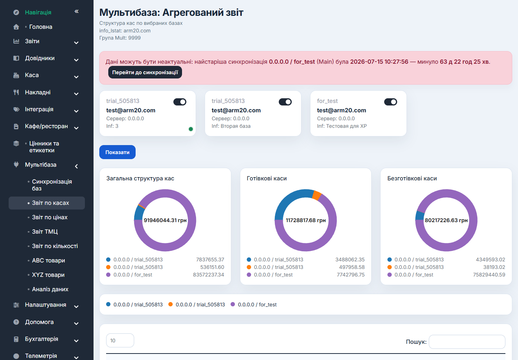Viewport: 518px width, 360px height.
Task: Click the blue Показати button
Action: [117, 152]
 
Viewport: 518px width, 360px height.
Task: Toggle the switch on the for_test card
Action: [390, 102]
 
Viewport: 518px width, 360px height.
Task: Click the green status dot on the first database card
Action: [191, 129]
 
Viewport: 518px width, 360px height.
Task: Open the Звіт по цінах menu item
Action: [50, 217]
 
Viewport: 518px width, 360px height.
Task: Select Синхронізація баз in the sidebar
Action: [52, 185]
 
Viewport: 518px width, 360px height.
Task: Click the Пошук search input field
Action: [467, 342]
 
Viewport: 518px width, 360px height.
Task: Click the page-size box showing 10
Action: [120, 340]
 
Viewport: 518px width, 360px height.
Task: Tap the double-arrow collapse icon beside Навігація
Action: [77, 11]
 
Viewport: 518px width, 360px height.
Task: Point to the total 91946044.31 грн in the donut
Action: [165, 220]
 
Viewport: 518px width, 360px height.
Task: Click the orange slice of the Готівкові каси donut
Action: [317, 195]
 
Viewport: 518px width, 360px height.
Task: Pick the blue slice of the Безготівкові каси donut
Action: [420, 215]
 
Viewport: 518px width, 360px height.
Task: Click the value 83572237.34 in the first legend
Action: [209, 275]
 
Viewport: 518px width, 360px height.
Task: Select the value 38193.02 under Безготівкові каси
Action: [494, 267]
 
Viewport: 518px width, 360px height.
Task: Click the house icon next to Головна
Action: [16, 27]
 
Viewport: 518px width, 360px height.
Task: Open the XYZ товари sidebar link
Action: [48, 275]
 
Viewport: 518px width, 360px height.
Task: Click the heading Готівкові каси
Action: [267, 179]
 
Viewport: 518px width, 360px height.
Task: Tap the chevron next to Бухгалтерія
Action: [76, 341]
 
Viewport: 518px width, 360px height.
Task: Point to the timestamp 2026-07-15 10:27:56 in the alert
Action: [379, 62]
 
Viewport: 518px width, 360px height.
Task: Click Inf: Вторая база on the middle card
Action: [231, 126]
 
